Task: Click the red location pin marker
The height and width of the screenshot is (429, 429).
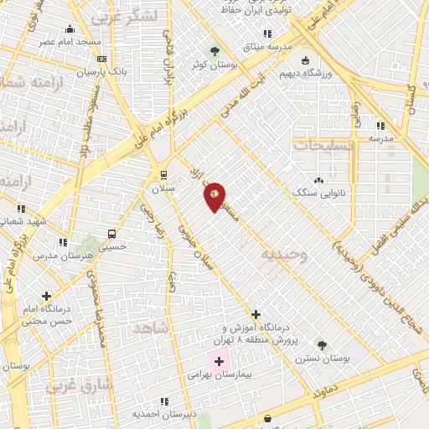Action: coord(214,197)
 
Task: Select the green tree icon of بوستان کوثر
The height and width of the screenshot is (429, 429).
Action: coord(214,51)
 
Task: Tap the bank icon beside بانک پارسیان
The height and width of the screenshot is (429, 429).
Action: coord(101,59)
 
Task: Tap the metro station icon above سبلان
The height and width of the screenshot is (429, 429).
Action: coord(164,175)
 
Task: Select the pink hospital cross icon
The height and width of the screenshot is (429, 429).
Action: coord(220,362)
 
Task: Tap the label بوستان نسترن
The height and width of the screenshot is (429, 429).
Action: coord(323,359)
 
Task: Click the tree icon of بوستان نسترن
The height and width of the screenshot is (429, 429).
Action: coord(323,344)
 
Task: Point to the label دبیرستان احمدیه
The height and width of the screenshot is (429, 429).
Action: coord(164,414)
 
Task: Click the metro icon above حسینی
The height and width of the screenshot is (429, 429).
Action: coord(111,234)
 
